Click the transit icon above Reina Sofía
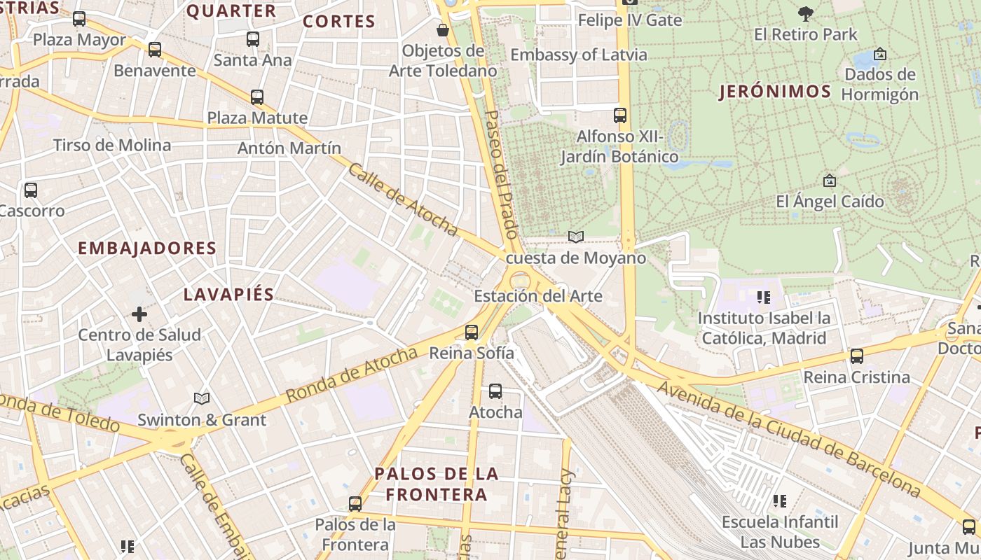(472, 332)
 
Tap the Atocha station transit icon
(495, 391)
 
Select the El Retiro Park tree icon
(806, 13)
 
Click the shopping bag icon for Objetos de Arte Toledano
(443, 30)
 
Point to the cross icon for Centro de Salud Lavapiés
(139, 314)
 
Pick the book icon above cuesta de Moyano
(576, 237)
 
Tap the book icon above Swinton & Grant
(202, 398)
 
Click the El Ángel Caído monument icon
(830, 181)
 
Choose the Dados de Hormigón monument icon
(880, 54)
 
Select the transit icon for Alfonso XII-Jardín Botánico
(620, 115)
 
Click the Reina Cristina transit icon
(856, 356)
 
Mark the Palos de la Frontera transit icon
(355, 504)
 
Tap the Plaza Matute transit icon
(257, 97)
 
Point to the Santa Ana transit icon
(253, 40)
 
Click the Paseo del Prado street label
(502, 175)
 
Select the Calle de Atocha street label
(403, 200)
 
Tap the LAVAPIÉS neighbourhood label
(228, 295)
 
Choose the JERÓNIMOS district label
(775, 92)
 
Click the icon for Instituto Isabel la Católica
(764, 297)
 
